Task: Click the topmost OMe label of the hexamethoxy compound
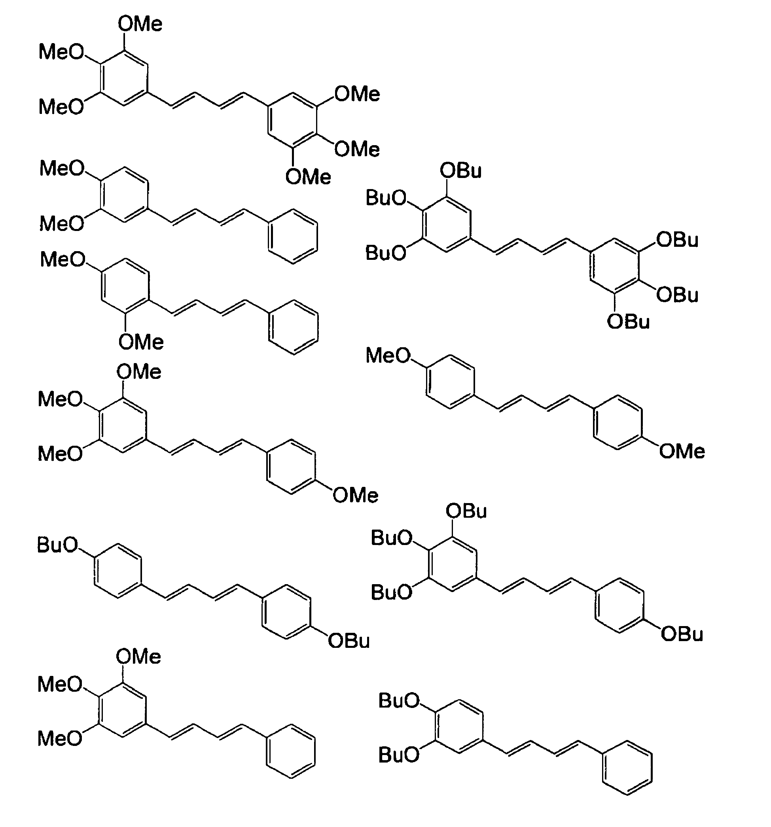coord(140,24)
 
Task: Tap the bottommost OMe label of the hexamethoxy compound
coord(308,177)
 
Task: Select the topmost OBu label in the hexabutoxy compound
coord(460,171)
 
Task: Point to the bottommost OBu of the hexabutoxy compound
coord(628,322)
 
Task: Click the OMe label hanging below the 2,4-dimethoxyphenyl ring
coord(141,343)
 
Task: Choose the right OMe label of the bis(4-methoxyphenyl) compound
coord(682,451)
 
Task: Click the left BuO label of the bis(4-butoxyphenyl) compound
coord(57,545)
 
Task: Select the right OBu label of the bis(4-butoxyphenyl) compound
coord(349,641)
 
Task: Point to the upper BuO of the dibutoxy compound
coord(399,701)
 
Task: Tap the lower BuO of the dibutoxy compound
coord(399,755)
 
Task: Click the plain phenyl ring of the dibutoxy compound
coord(627,768)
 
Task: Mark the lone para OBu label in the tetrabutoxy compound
coord(682,634)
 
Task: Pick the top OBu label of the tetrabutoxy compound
coord(466,511)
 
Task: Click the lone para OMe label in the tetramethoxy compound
coord(355,496)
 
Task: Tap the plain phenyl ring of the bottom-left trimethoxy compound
coord(291,751)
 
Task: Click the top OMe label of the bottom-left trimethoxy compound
coord(138,657)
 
